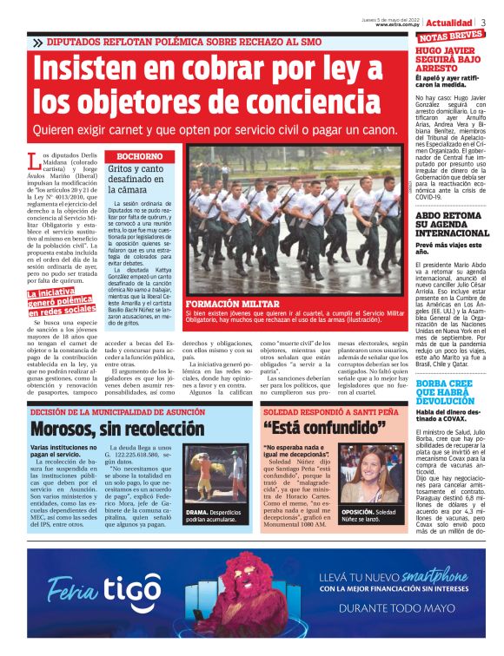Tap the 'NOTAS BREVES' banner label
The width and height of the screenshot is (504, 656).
click(451, 36)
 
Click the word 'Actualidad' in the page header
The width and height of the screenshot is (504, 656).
click(449, 22)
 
